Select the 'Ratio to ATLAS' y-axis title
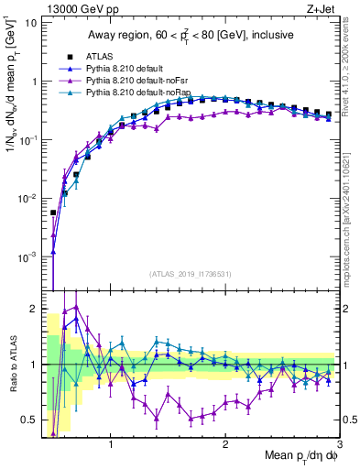(12, 364)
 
